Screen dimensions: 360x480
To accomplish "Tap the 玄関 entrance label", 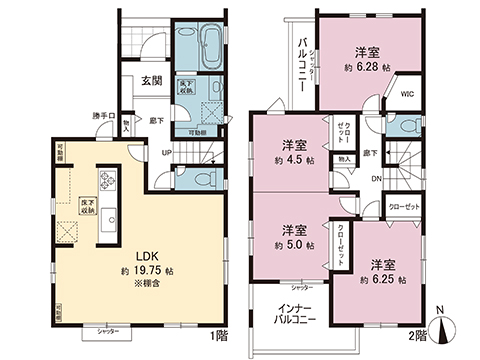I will coord(152,82).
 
